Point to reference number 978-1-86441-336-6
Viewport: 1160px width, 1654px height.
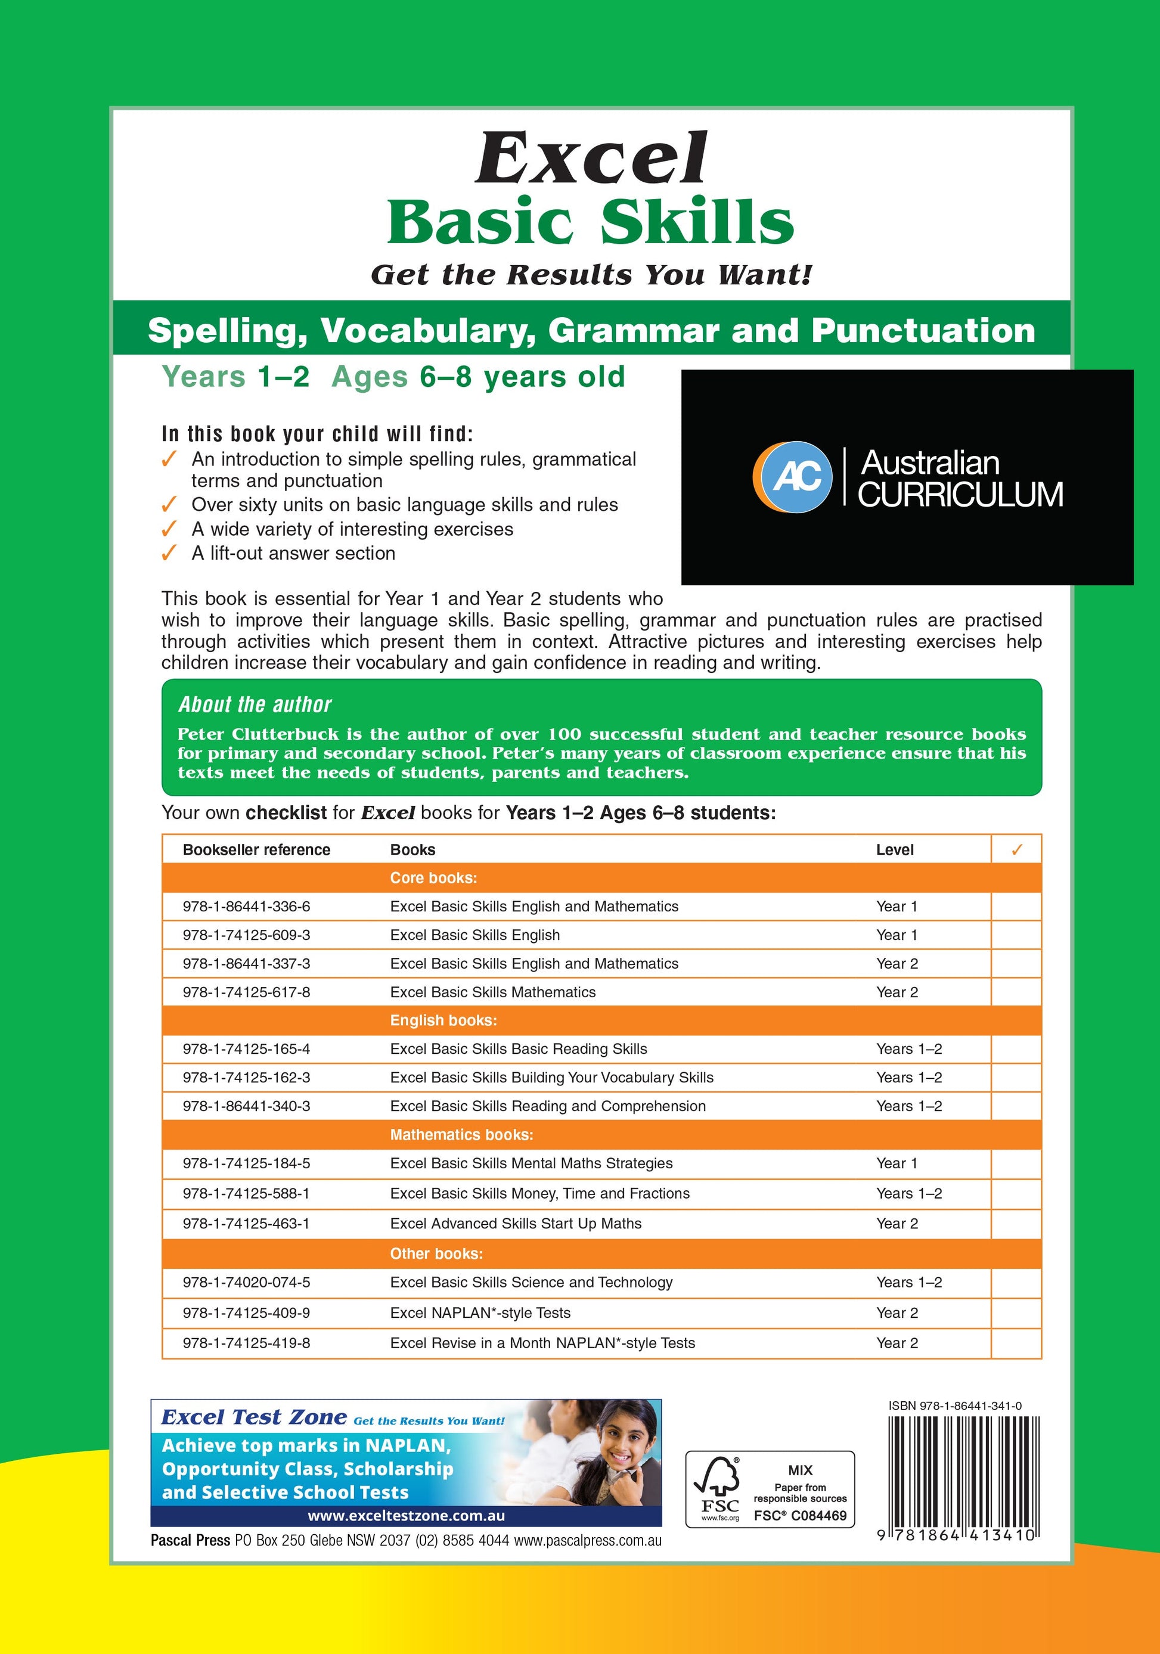point(246,906)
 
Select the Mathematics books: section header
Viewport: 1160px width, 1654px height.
point(461,1135)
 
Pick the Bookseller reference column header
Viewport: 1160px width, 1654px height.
point(256,850)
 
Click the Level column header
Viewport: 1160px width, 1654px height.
point(894,850)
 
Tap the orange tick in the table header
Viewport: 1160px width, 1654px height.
point(1016,850)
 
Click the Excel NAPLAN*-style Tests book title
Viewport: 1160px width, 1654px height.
point(480,1312)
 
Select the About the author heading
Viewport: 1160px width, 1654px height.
point(255,705)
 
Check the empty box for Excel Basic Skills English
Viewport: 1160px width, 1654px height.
point(1016,935)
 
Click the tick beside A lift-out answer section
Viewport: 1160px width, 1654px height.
point(169,553)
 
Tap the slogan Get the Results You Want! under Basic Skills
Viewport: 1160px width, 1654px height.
point(591,274)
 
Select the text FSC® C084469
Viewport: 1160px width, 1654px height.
point(800,1516)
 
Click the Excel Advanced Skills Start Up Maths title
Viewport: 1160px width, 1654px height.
point(515,1223)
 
